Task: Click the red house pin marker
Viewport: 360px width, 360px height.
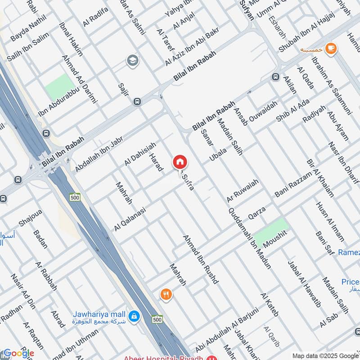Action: click(x=180, y=162)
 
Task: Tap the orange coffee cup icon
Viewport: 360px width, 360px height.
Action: click(x=331, y=48)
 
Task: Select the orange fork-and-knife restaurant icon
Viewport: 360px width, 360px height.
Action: click(x=166, y=295)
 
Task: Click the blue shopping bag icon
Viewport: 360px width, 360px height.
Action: click(x=133, y=317)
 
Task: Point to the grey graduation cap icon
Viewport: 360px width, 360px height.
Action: click(x=133, y=60)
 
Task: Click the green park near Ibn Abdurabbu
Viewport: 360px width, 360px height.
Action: click(x=59, y=86)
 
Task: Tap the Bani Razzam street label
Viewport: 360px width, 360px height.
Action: click(x=293, y=185)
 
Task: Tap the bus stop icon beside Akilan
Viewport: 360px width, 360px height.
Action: click(x=275, y=77)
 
